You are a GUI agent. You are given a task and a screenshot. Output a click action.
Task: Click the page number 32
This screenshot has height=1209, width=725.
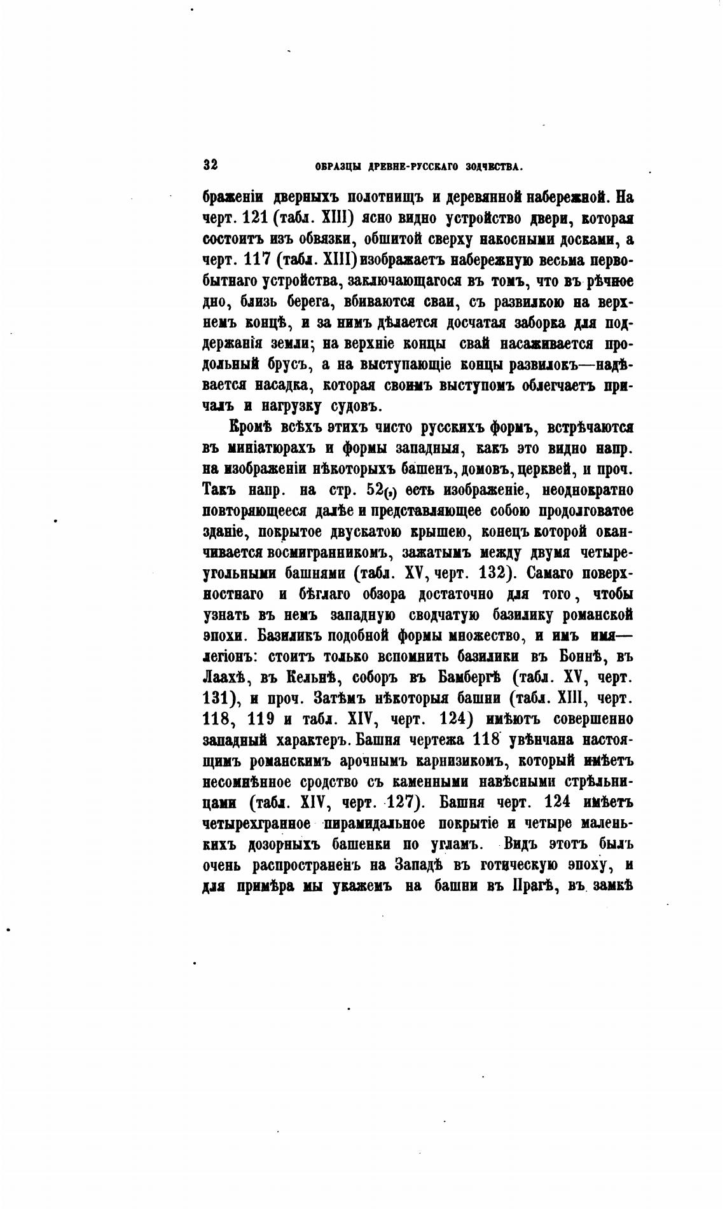point(211,165)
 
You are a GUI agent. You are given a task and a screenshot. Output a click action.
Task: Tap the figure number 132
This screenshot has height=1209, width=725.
point(492,573)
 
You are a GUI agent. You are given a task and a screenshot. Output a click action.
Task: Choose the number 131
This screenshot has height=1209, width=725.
point(217,698)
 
